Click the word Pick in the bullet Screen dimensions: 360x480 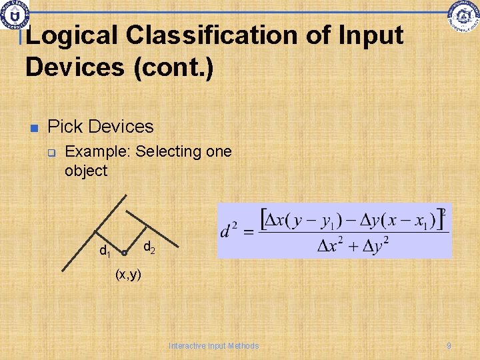pos(66,126)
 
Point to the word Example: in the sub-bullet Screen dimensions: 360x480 pos(98,151)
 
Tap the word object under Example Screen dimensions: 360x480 pos(85,171)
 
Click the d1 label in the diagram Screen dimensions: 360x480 pos(105,251)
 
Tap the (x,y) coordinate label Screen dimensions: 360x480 pos(128,274)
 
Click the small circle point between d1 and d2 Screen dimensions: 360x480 pos(125,253)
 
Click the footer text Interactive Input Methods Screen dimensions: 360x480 pos(213,345)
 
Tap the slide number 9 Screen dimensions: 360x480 pos(449,345)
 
